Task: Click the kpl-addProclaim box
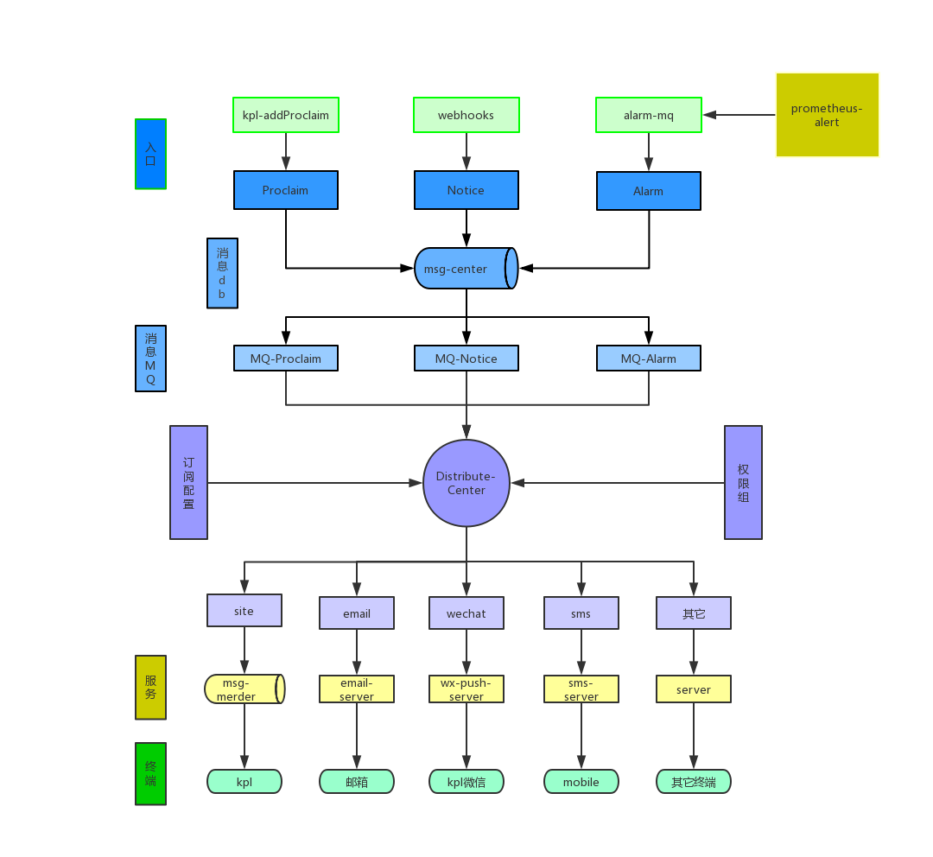286,115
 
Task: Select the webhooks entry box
466,115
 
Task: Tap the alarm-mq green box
649,115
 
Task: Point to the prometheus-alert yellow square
827,115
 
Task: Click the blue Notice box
466,190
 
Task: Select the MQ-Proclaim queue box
286,359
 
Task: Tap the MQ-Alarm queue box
649,359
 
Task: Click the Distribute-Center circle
466,483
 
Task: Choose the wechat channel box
466,613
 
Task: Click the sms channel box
581,613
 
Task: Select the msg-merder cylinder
244,689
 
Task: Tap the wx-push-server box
466,689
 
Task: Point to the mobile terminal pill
581,782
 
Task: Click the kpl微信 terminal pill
466,782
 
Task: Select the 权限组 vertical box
743,482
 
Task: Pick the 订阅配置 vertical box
188,482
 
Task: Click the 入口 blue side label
150,154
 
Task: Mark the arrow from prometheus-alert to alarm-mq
739,115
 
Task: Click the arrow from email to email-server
357,652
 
